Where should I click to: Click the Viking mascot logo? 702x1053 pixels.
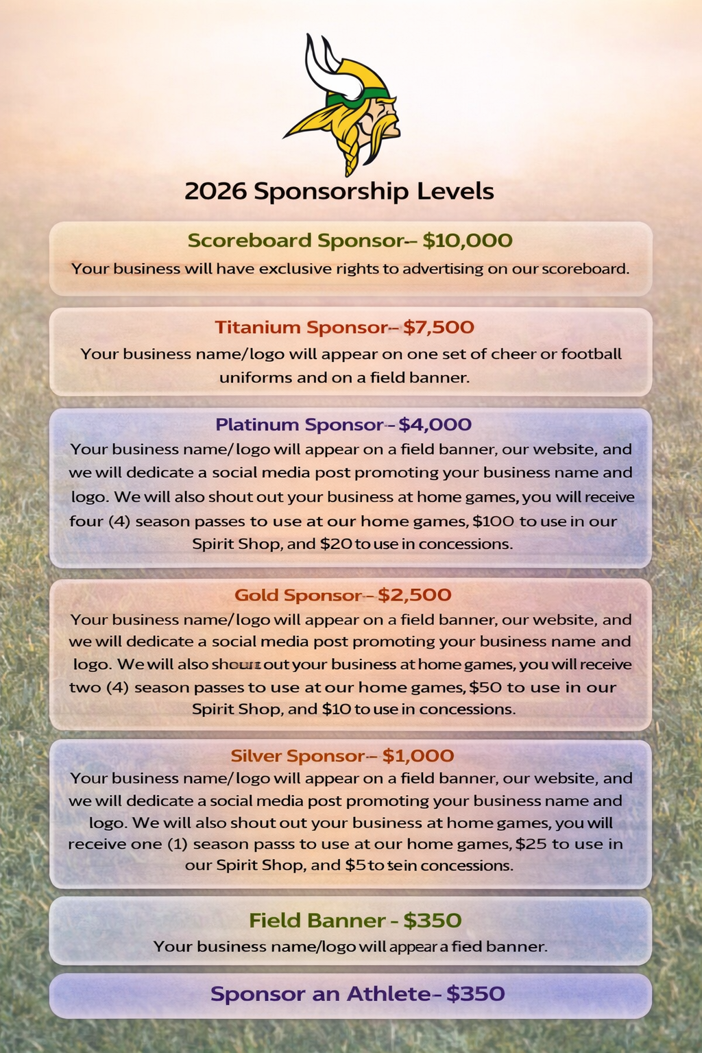tap(346, 103)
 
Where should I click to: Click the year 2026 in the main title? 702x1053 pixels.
tap(215, 191)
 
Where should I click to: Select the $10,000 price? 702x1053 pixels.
tap(468, 241)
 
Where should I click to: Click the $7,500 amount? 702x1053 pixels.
tap(439, 327)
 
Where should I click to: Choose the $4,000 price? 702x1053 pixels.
tap(435, 424)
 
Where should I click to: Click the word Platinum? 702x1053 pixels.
tap(257, 424)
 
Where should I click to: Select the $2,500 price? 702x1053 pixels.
tap(415, 594)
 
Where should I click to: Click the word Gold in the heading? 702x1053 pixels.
tap(256, 594)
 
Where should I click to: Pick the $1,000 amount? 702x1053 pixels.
tap(418, 755)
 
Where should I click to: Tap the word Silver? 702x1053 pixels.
tap(256, 755)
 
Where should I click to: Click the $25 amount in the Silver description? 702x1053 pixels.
tap(531, 843)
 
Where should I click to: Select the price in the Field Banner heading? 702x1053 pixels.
tap(432, 920)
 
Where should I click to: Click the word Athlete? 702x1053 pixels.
tap(388, 993)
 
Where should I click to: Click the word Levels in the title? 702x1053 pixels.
tap(459, 191)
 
